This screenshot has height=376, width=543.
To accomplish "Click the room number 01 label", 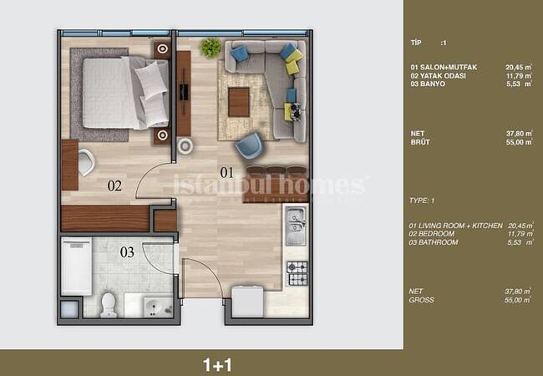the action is click(x=227, y=172).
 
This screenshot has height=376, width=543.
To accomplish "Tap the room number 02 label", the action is click(x=114, y=186).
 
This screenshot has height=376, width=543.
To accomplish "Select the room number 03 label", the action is click(x=127, y=252).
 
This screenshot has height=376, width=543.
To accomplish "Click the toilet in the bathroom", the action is click(x=109, y=305).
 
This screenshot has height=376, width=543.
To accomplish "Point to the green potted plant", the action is click(x=211, y=48).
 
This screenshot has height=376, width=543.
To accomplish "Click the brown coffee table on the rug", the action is click(x=239, y=102).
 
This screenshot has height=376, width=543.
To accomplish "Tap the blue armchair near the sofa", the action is click(x=249, y=145).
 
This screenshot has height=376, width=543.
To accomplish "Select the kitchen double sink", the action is click(x=296, y=226).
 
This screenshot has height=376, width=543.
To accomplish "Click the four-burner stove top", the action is click(x=297, y=273).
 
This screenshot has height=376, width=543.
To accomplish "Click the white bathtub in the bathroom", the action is click(x=77, y=266).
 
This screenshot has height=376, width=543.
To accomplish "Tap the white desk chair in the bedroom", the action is click(x=86, y=162).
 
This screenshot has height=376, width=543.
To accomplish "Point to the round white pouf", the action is click(x=185, y=145).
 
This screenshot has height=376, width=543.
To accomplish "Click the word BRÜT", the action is click(x=420, y=142).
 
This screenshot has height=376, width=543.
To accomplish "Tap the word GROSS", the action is click(x=421, y=300).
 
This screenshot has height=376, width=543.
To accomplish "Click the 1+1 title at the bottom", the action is click(x=217, y=365).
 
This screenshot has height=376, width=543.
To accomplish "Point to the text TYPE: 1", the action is click(x=421, y=201).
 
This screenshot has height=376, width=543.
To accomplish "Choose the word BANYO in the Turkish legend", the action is click(x=433, y=84).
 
